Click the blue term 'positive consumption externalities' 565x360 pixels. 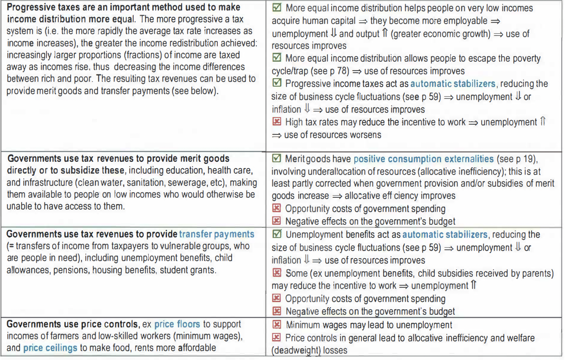423,159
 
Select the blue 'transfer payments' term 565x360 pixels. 217,234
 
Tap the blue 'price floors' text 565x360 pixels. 177,325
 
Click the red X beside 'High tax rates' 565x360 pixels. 277,122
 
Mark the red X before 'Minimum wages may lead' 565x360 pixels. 277,325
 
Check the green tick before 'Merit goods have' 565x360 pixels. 277,159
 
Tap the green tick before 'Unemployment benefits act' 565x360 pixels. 277,234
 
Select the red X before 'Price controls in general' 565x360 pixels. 277,338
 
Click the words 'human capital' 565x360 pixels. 325,21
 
